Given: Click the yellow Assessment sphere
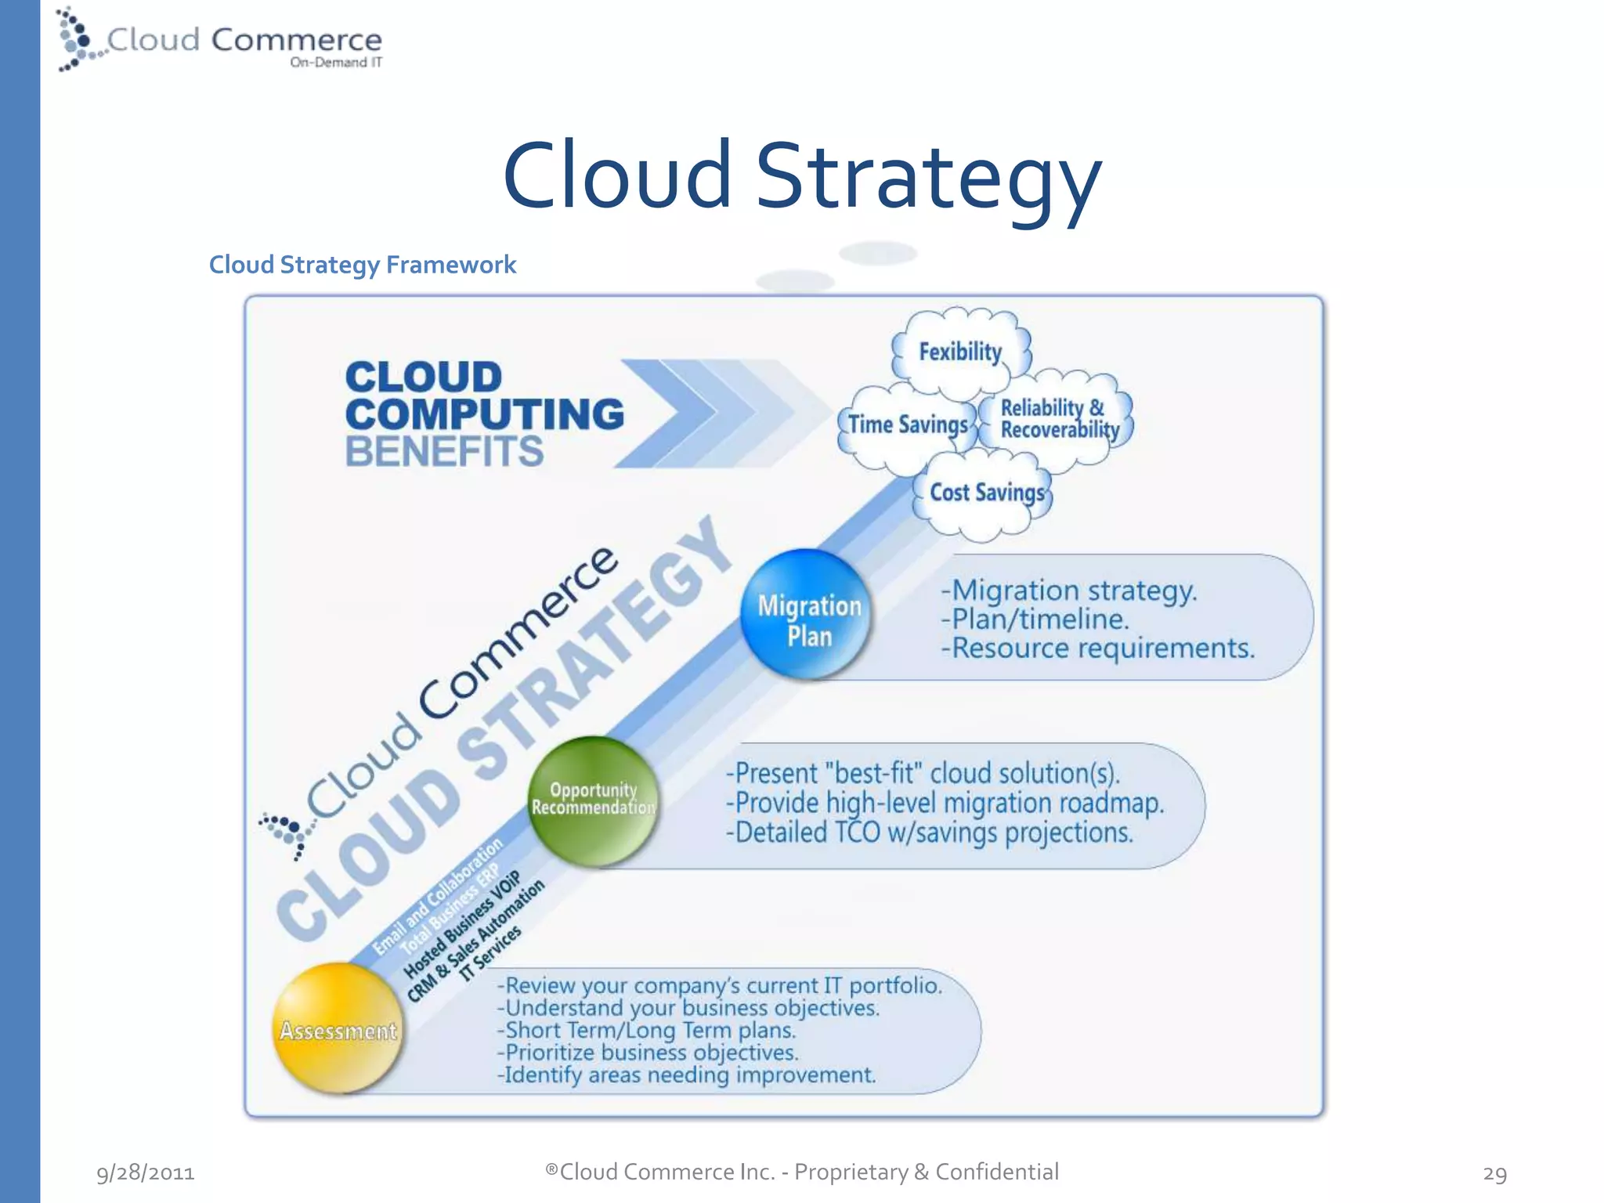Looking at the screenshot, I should [x=338, y=1028].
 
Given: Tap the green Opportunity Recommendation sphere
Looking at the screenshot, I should [x=593, y=800].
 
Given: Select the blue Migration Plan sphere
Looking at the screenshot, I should [x=807, y=615].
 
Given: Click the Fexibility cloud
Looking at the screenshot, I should [x=960, y=352].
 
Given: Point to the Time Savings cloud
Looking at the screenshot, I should [x=908, y=425].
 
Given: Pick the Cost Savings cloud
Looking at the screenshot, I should [x=986, y=493].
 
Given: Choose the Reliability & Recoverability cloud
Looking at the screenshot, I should [x=1058, y=419].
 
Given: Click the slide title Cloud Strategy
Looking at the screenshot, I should [x=801, y=176].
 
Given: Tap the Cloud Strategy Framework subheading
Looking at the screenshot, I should [x=362, y=265].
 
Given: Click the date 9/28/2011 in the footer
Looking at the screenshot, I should [x=146, y=1172].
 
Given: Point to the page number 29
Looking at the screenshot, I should [x=1494, y=1173].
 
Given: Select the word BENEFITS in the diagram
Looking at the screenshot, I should [x=444, y=451].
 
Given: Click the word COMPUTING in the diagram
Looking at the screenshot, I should [x=484, y=414].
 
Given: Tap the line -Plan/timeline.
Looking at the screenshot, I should [x=1035, y=620].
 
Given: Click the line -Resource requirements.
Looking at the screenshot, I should [x=1097, y=648].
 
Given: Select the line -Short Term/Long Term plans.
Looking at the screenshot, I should [x=647, y=1031].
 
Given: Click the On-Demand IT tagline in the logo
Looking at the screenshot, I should [x=336, y=63].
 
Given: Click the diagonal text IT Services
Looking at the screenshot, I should [x=490, y=953].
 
